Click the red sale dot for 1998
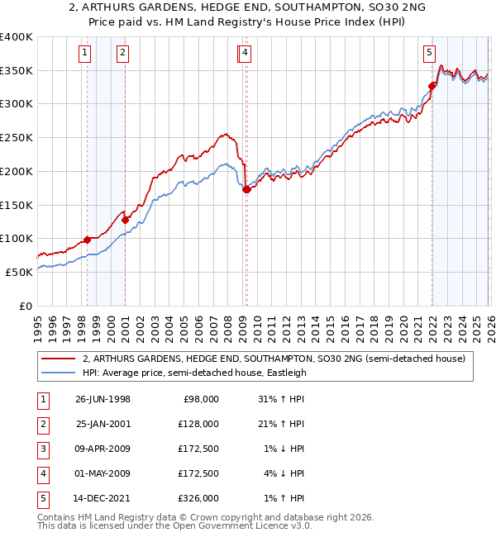(x=88, y=240)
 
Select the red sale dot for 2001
(x=125, y=220)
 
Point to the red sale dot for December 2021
(x=432, y=86)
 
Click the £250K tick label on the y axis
(x=17, y=138)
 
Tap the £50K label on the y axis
(x=19, y=272)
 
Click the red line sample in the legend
(x=58, y=359)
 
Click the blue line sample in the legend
(x=58, y=373)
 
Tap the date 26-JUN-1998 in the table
(x=103, y=399)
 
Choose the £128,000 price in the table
(x=200, y=424)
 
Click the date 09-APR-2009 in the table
(x=103, y=449)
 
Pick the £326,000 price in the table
(x=200, y=498)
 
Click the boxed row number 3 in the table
(x=41, y=449)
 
